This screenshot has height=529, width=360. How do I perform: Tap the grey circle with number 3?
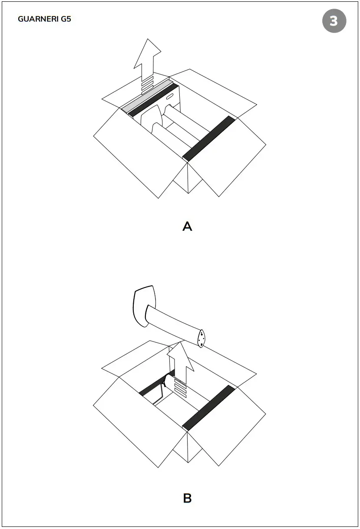click(334, 21)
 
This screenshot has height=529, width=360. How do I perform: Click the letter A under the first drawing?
click(187, 226)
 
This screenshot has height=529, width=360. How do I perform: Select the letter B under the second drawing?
click(187, 498)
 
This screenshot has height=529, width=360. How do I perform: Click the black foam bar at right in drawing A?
click(209, 138)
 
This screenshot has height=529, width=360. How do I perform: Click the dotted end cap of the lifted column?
click(202, 339)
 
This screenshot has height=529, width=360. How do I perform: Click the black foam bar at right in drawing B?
click(209, 407)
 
